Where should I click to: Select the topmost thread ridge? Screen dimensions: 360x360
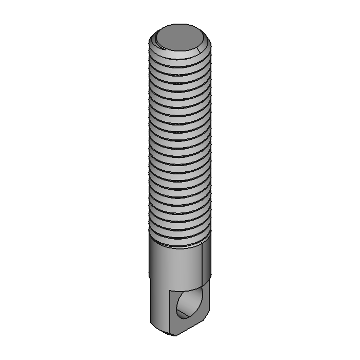(180, 62)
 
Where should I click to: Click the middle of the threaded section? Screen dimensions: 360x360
(180, 149)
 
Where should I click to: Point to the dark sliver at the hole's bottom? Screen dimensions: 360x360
(183, 314)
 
